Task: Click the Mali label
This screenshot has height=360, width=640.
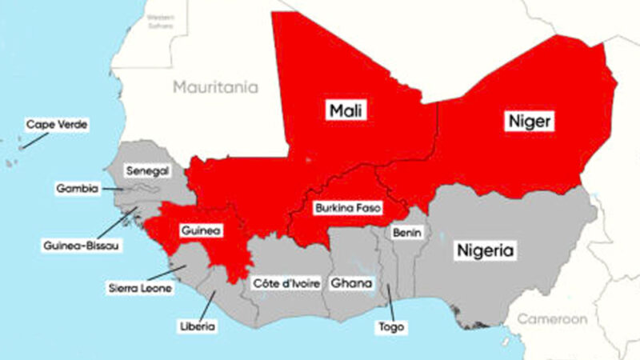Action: click(x=346, y=110)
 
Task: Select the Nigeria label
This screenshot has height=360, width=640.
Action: click(x=485, y=250)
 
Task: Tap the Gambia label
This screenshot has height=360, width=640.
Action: click(x=78, y=189)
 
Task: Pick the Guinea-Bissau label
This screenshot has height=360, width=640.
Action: click(x=81, y=246)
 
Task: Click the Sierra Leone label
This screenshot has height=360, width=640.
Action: click(x=141, y=287)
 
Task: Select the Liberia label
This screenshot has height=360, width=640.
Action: click(x=198, y=326)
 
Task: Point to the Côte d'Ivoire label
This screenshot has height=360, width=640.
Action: click(x=286, y=283)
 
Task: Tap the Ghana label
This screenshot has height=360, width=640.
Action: click(x=351, y=283)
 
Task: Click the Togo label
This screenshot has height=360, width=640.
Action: click(x=393, y=327)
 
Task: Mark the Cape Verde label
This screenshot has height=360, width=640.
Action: click(x=56, y=125)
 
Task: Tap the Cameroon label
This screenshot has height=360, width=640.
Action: click(x=552, y=319)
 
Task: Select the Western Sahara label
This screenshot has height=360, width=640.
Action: click(x=162, y=20)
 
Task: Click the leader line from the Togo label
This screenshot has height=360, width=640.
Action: click(x=390, y=303)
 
